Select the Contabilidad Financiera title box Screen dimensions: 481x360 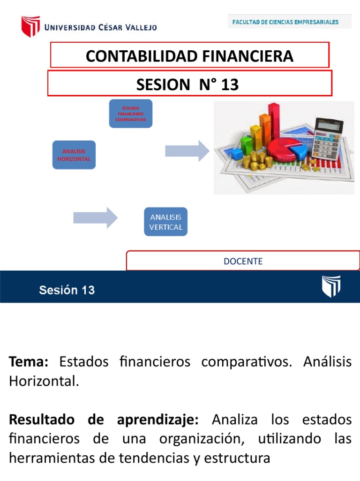(x=189, y=56)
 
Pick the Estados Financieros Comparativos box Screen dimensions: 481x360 (x=131, y=113)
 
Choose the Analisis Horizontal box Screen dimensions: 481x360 (x=74, y=155)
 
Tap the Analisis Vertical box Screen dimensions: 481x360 (x=165, y=222)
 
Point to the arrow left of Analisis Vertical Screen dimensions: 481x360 (x=96, y=218)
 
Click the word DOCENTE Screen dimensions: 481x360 (x=243, y=261)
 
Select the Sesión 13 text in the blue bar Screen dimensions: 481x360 (x=67, y=290)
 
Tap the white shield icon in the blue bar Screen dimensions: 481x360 (x=331, y=286)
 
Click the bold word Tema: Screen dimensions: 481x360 (x=29, y=362)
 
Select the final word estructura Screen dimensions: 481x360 (x=239, y=458)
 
